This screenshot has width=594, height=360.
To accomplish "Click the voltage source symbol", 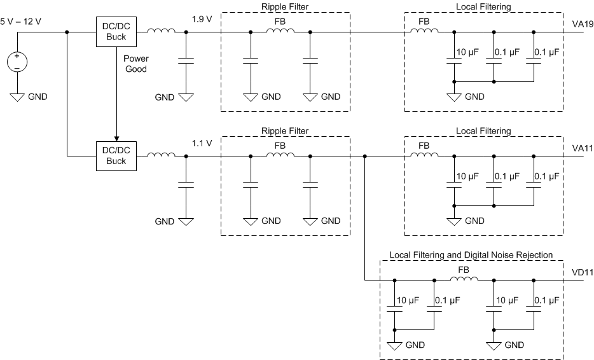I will click(17, 62).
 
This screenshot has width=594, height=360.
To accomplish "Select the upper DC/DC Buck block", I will click(116, 31).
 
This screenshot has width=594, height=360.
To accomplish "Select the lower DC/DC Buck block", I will click(116, 155).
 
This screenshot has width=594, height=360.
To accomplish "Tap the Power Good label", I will click(135, 64).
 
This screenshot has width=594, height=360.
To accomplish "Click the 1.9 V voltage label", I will click(202, 19).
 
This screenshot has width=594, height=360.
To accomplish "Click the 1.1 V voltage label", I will click(202, 143).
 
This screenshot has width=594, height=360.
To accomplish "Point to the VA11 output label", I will click(582, 148).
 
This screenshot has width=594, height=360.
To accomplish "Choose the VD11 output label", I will click(582, 272).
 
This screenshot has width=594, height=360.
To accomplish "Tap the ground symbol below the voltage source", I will click(17, 97).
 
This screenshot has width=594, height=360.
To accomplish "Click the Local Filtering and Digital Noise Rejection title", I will click(471, 255).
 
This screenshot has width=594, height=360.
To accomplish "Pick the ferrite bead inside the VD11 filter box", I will click(464, 279).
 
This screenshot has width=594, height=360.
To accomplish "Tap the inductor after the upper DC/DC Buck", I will click(161, 31).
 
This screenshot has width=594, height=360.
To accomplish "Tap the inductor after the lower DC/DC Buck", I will click(161, 155).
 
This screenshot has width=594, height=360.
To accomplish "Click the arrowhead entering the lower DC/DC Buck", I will click(116, 136).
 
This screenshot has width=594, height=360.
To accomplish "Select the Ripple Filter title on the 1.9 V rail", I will click(285, 6).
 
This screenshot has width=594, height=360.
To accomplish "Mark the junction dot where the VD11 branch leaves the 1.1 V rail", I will click(364, 155).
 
